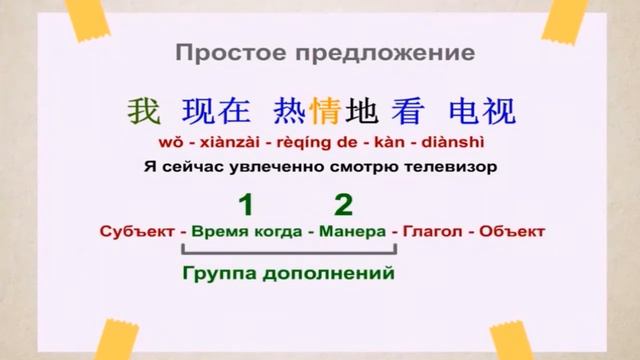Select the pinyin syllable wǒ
coord(171,141)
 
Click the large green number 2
coord(343,205)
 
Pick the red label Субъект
coord(135,232)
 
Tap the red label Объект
coord(512,232)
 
